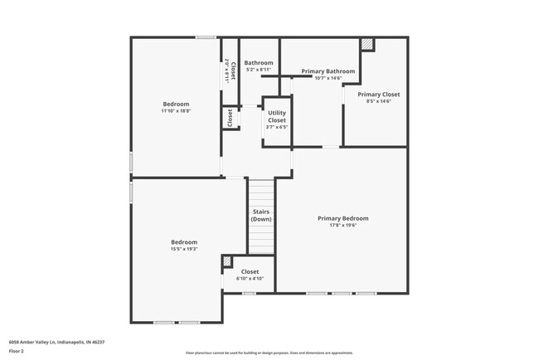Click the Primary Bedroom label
(342, 218)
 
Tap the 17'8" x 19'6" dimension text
(342, 225)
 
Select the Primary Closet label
(378, 95)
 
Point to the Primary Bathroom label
(328, 71)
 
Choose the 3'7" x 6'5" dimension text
(276, 127)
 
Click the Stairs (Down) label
(261, 216)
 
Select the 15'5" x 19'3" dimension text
(183, 249)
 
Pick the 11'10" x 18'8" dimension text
(176, 111)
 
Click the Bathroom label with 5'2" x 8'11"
(259, 63)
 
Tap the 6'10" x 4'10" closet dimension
(250, 279)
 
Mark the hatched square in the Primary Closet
(367, 44)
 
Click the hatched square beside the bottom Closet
(226, 263)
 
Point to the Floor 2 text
(17, 352)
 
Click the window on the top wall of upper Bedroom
(206, 37)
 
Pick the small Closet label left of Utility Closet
(229, 119)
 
